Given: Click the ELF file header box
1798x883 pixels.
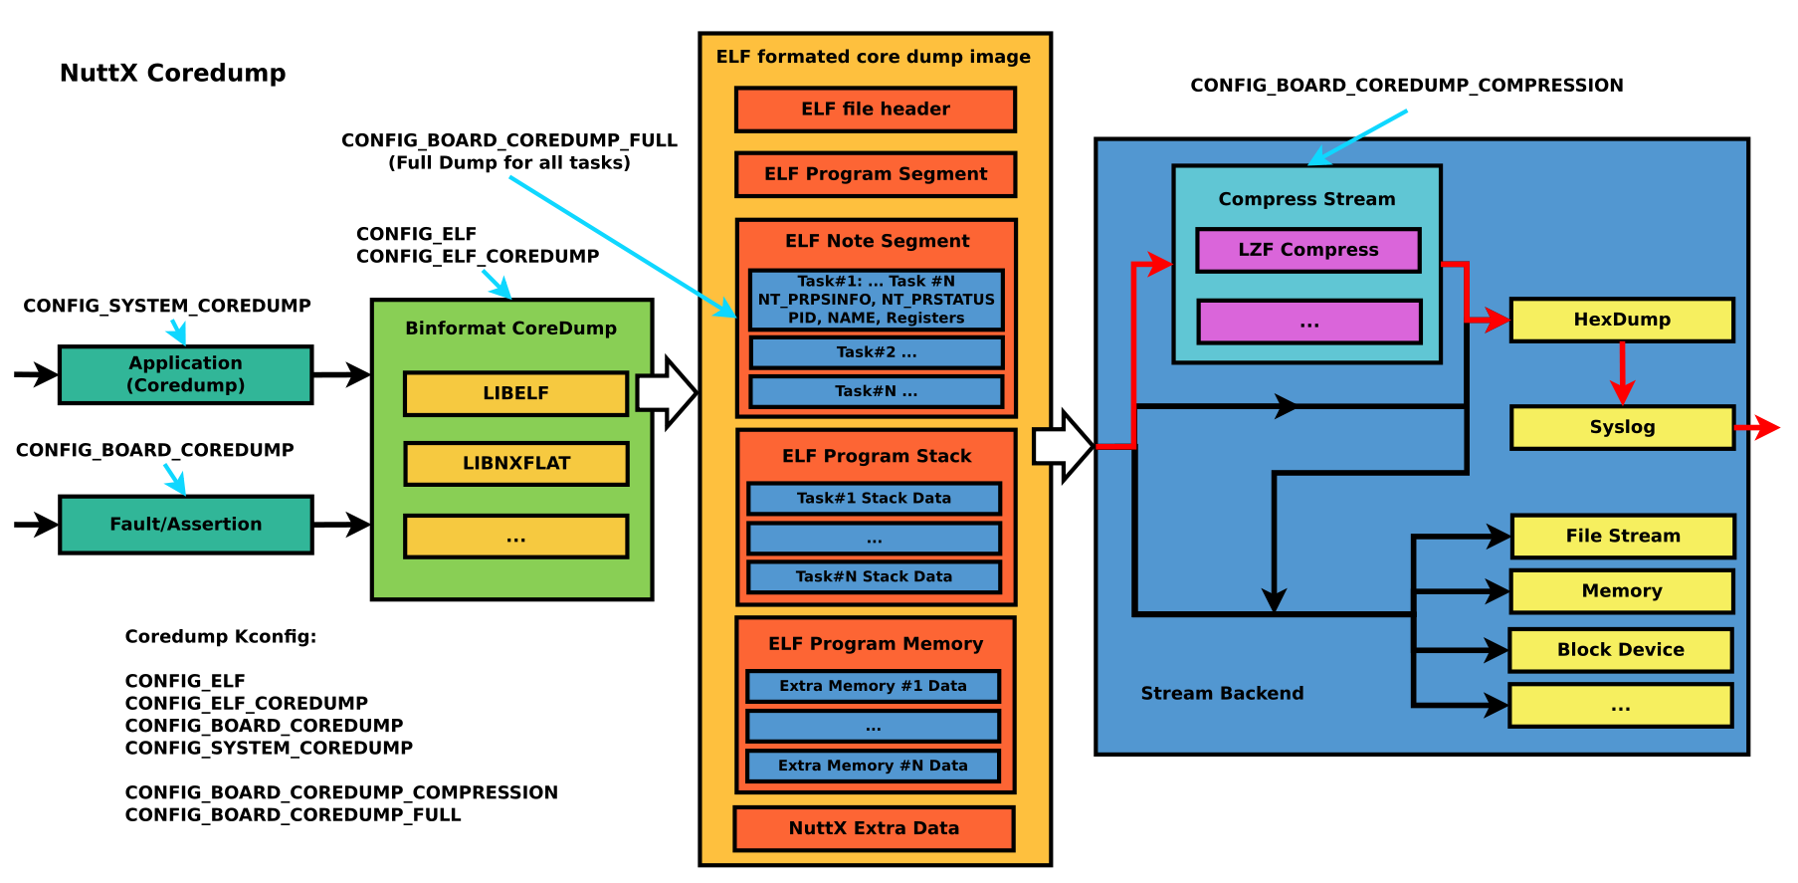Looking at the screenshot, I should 875,110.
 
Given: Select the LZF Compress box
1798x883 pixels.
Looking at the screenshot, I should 1307,250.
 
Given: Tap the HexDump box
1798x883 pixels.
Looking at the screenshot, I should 1621,320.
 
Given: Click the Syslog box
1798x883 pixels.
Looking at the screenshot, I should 1621,427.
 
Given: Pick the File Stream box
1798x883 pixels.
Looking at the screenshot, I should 1622,536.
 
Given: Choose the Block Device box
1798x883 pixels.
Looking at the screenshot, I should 1620,650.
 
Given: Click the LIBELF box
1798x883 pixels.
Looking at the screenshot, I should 515,393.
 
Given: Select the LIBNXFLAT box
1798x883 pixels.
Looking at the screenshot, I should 515,463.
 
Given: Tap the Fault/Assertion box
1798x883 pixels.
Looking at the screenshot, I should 186,525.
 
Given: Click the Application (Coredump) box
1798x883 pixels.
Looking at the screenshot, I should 186,374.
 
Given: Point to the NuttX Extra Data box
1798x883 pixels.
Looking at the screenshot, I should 874,828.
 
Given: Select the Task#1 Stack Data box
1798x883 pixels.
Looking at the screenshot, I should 874,498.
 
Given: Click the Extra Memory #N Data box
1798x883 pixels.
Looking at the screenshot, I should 873,766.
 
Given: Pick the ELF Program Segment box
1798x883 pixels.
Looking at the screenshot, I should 875,174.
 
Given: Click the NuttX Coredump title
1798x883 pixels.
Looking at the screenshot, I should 172,73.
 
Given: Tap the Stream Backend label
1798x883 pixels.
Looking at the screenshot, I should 1221,694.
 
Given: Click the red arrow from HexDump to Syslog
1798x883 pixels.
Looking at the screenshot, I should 1622,373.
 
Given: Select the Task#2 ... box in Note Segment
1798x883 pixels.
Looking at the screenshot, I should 876,352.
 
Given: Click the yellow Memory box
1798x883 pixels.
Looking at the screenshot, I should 1621,591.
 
